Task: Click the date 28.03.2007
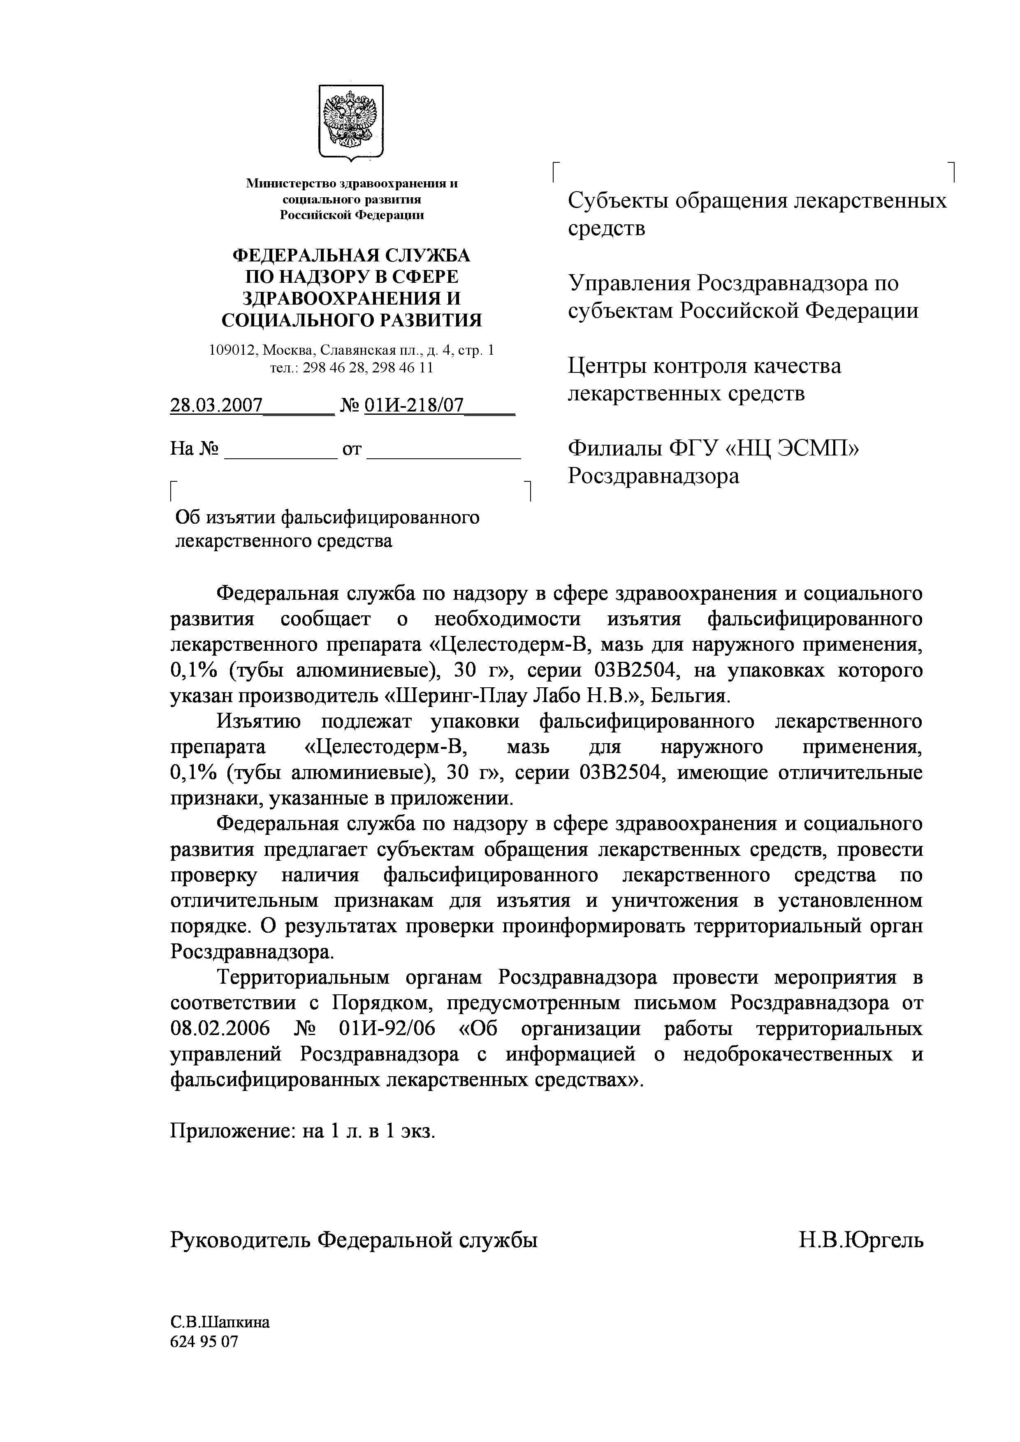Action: tap(216, 406)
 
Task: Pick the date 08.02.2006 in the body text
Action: tap(220, 1029)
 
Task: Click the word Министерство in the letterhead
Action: tap(291, 183)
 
